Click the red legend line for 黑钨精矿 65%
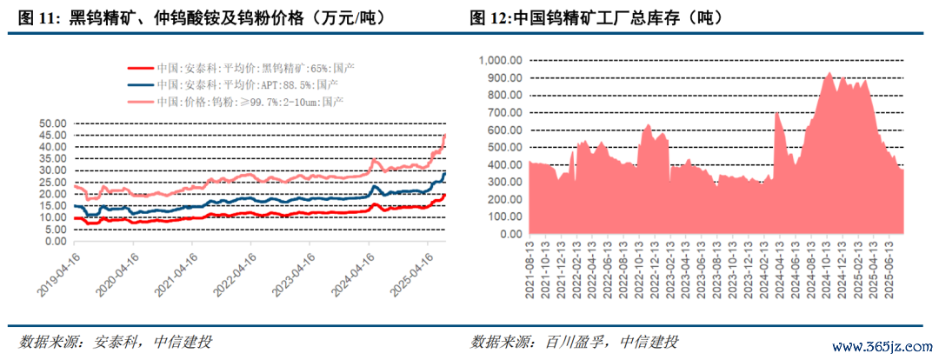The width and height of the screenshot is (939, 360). tap(140, 68)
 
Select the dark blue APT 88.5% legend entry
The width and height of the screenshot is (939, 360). tap(140, 84)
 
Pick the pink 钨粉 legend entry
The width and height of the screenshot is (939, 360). tap(140, 102)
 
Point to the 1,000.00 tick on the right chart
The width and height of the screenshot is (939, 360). tap(498, 60)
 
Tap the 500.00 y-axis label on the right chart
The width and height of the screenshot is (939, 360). tap(503, 147)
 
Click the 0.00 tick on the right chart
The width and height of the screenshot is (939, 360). tap(508, 234)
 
